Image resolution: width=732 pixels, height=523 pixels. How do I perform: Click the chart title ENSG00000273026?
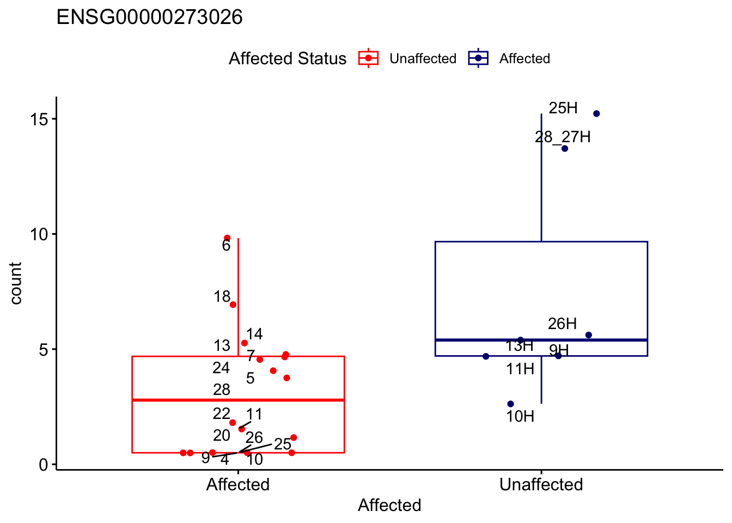click(x=150, y=17)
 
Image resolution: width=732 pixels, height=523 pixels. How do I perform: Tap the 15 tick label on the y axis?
click(x=39, y=119)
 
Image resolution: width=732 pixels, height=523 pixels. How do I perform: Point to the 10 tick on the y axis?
click(x=39, y=234)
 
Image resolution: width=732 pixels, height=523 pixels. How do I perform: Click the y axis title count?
click(x=16, y=283)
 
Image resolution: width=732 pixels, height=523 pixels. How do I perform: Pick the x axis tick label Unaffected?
click(x=541, y=484)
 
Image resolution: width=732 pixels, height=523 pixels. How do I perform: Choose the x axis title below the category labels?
click(x=389, y=506)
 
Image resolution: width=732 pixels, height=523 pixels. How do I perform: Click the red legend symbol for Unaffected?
click(x=368, y=58)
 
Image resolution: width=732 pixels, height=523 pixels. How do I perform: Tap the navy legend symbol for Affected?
click(x=478, y=58)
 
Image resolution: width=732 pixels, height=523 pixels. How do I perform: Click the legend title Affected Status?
click(x=287, y=58)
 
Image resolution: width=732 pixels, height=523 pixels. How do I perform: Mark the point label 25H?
click(x=563, y=108)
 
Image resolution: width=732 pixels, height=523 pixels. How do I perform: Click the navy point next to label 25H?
click(x=596, y=113)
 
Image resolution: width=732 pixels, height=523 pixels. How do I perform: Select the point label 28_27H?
click(x=563, y=137)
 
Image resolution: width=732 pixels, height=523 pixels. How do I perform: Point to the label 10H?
click(x=520, y=417)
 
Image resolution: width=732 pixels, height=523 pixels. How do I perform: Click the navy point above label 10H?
click(x=510, y=404)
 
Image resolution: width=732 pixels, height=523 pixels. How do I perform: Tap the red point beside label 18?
click(x=233, y=305)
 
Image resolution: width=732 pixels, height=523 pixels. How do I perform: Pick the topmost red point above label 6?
click(x=227, y=238)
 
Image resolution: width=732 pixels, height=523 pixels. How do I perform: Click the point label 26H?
click(x=562, y=324)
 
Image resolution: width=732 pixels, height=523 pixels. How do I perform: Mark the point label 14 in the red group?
click(x=254, y=334)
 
